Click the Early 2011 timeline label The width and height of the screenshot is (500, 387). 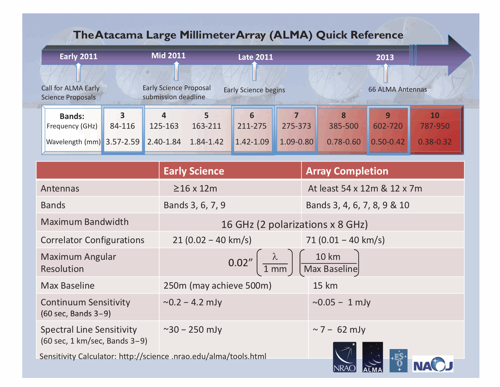click(x=78, y=56)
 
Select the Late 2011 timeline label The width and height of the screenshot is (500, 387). click(x=255, y=57)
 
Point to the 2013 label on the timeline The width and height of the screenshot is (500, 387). click(x=385, y=57)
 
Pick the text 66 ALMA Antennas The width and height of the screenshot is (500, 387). click(x=397, y=89)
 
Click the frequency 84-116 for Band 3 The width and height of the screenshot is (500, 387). click(x=122, y=126)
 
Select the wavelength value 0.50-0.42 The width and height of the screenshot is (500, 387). click(x=387, y=142)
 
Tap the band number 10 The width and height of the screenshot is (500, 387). click(x=435, y=115)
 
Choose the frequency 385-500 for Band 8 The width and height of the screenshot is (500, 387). click(x=343, y=126)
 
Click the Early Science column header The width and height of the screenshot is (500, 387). click(x=194, y=171)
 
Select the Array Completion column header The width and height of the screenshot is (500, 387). click(x=347, y=171)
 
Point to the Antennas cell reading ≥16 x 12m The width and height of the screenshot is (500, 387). click(x=195, y=188)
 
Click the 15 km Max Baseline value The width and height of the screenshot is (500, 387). click(x=325, y=286)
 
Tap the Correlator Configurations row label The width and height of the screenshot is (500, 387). click(x=92, y=240)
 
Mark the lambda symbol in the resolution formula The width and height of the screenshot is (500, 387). click(x=275, y=256)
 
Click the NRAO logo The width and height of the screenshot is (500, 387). click(x=344, y=357)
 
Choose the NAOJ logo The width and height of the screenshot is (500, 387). click(x=432, y=364)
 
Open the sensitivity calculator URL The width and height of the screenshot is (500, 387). click(x=192, y=356)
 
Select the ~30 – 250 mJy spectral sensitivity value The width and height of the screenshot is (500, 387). click(x=193, y=330)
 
